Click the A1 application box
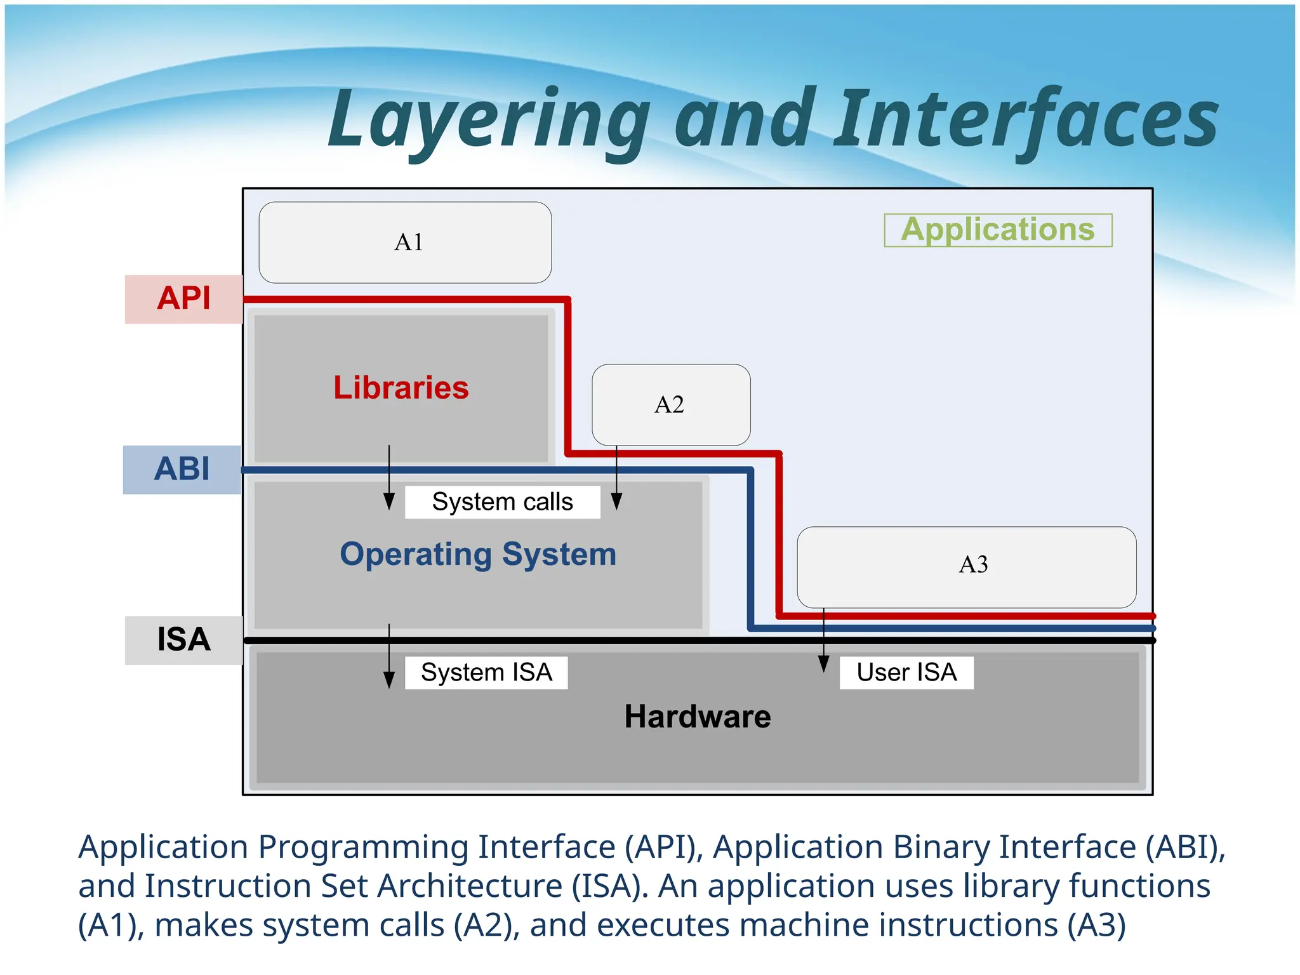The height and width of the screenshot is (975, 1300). coord(405,242)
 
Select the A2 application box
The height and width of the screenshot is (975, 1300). coord(671,405)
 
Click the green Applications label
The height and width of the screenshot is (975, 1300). coord(998,230)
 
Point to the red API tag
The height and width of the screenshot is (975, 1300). coord(183,299)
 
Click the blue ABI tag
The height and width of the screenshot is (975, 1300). coord(182,470)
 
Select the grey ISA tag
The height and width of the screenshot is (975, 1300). coord(183,640)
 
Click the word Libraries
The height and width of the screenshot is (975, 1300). coord(401,388)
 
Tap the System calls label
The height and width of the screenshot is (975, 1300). coord(502,502)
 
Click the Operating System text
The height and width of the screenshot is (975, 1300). coord(478,554)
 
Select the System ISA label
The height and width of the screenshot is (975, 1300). coord(486,672)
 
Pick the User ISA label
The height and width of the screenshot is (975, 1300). coord(906,672)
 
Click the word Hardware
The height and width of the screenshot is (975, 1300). coord(698,717)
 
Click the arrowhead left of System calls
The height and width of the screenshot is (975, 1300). coord(389,501)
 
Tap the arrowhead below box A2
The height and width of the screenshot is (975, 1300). coord(616,501)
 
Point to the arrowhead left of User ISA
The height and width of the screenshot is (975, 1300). coord(823,664)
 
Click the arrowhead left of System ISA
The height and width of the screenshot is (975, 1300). coord(389,680)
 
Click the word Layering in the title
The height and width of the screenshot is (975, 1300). coord(489,121)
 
